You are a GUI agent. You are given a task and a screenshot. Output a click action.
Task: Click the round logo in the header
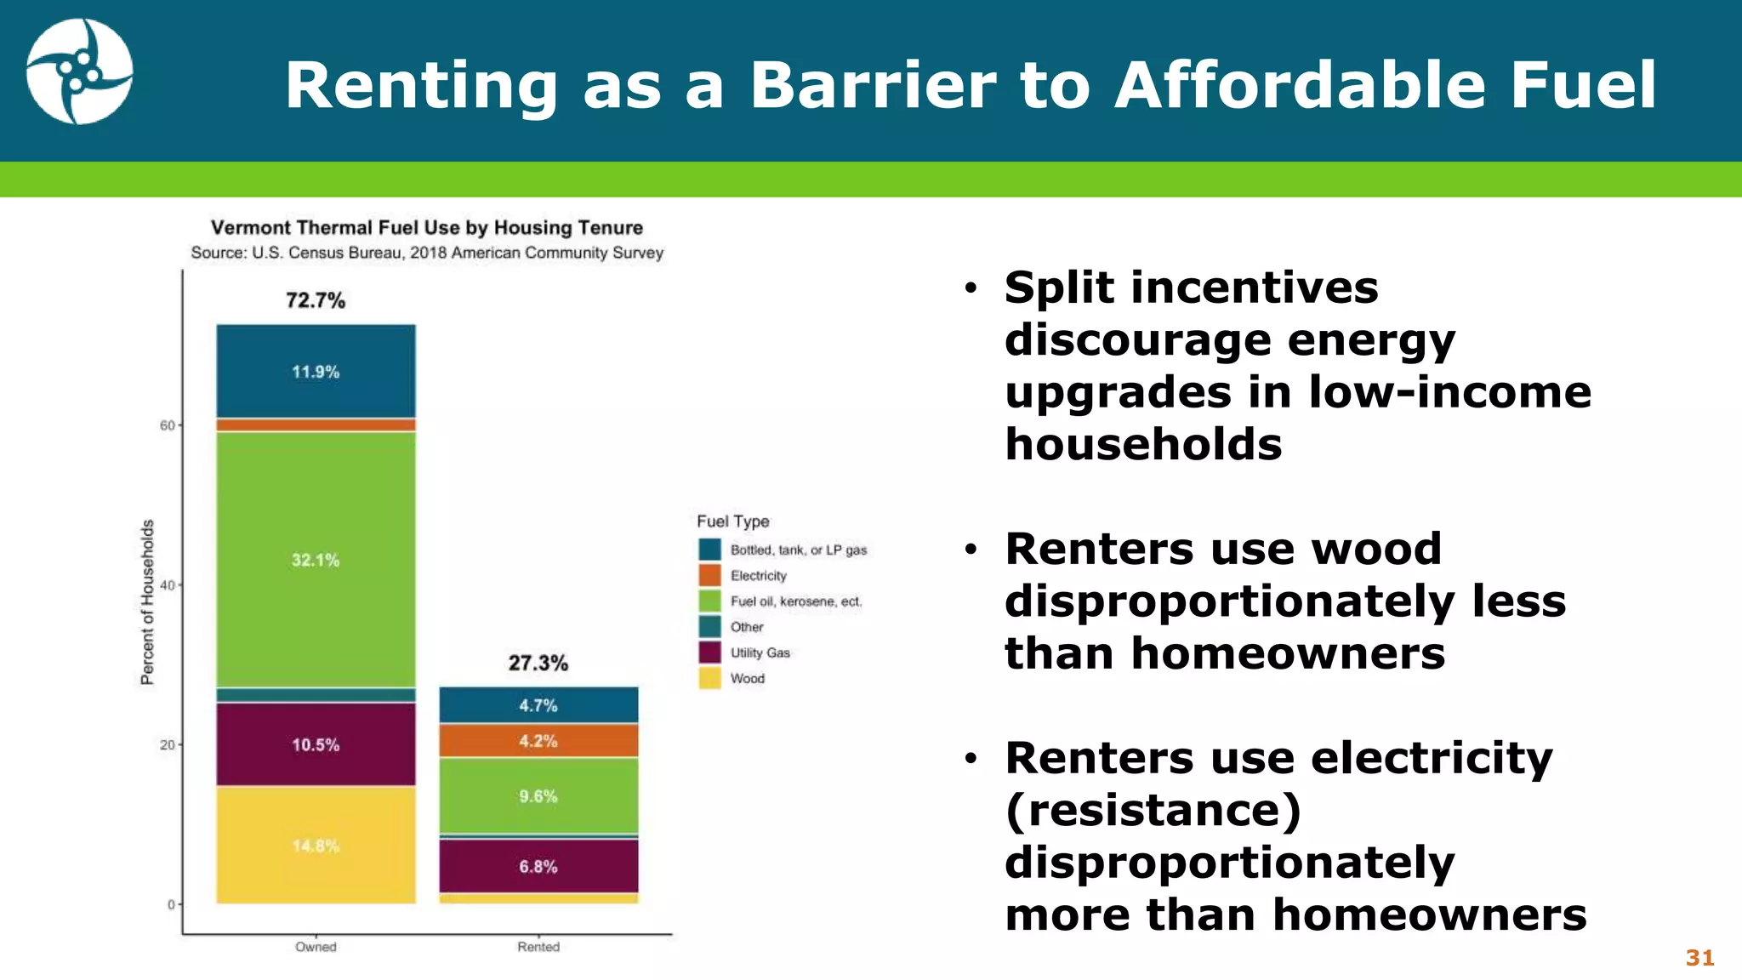(x=79, y=72)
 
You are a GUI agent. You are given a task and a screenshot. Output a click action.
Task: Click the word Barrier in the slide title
(x=873, y=85)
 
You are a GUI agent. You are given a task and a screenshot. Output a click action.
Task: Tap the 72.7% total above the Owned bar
(x=316, y=300)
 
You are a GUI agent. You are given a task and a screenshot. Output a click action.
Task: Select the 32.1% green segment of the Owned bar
(x=316, y=560)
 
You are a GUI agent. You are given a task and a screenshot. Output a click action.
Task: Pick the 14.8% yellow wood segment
(x=316, y=846)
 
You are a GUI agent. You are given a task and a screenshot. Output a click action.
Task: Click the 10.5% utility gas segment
(x=316, y=744)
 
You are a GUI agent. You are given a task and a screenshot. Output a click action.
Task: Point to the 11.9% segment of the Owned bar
(x=316, y=372)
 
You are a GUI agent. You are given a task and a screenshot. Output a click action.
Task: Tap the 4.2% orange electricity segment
(x=538, y=741)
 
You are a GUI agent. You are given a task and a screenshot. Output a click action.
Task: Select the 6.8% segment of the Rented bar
(x=538, y=866)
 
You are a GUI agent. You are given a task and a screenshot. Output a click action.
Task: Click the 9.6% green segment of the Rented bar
(x=538, y=796)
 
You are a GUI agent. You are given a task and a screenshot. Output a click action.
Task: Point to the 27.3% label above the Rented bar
(x=538, y=663)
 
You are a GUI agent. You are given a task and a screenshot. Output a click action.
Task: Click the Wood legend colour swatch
(x=709, y=678)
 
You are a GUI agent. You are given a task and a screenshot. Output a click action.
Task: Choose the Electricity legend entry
(x=758, y=576)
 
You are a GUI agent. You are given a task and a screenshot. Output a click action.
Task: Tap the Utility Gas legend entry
(x=760, y=652)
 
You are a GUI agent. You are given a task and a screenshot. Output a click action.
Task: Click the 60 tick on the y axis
(x=168, y=425)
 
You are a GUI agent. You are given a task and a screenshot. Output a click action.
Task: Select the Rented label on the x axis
(x=538, y=947)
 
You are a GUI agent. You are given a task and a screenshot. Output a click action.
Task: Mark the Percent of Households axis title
(x=148, y=601)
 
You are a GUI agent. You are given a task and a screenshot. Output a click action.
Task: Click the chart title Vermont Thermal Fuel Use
(x=427, y=228)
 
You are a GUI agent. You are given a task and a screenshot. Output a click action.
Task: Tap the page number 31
(x=1699, y=958)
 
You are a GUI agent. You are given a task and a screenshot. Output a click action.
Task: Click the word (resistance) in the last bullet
(x=1153, y=810)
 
